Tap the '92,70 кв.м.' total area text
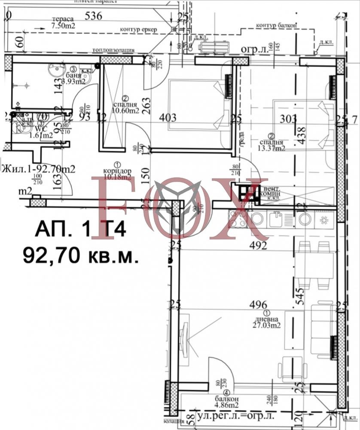coord(80,256)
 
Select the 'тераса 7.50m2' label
coord(63,23)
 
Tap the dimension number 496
coord(258,304)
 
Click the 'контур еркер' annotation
coord(139,30)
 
